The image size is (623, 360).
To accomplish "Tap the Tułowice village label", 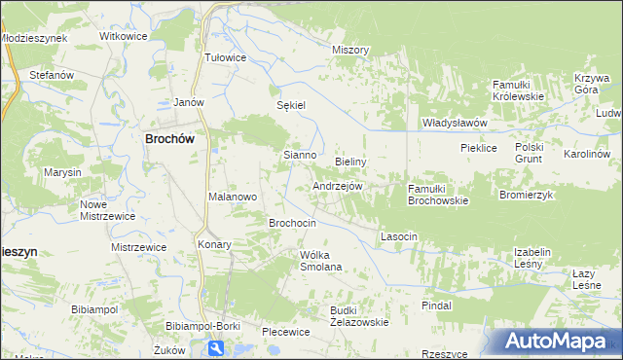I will (x=225, y=57).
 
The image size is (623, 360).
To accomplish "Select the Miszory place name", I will (x=350, y=50).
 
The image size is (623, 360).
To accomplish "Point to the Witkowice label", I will (x=123, y=36).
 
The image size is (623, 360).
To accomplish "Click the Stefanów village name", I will (x=52, y=74).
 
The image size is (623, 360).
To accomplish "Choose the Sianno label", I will (x=299, y=155).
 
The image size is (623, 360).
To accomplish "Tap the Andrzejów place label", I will (x=338, y=186).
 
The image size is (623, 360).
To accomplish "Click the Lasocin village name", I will (x=399, y=236).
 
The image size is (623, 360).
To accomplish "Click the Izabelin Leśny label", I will (x=532, y=258).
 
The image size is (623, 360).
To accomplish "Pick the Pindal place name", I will (x=437, y=306).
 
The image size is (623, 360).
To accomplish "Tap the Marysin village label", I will (x=61, y=172).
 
